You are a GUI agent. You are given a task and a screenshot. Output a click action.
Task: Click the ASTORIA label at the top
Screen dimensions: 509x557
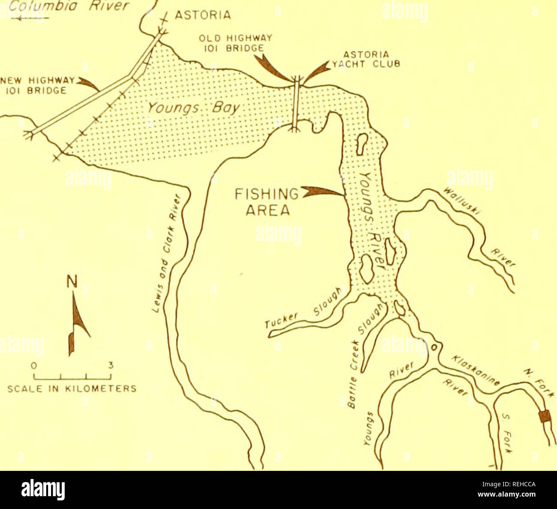[x=203, y=16]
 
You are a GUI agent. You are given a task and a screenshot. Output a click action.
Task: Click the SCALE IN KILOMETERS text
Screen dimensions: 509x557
[x=72, y=389]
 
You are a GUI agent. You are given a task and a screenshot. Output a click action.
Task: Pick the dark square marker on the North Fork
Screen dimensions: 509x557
[x=544, y=417]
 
